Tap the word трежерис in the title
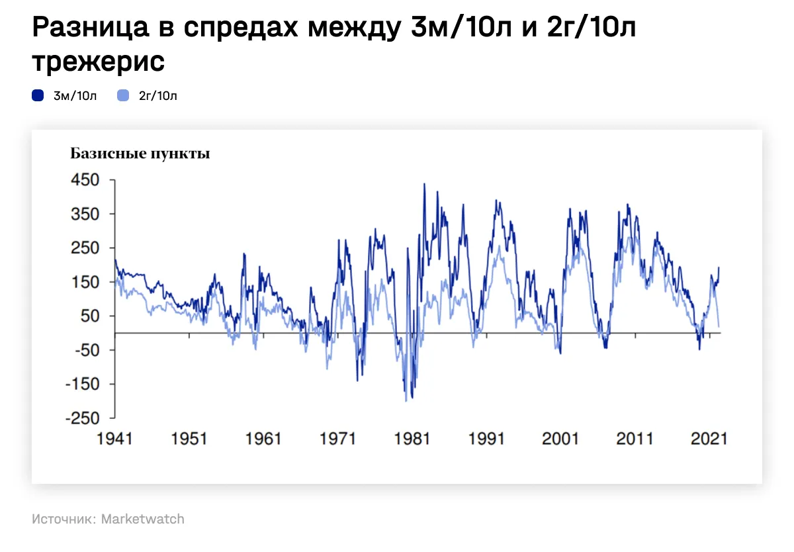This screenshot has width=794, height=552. point(98,62)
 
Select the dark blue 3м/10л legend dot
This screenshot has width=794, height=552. point(38,96)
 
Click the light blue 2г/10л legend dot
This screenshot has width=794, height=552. point(122,96)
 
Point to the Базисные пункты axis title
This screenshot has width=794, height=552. point(140,154)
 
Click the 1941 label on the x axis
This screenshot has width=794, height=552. point(114,439)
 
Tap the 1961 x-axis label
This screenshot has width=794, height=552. point(263,439)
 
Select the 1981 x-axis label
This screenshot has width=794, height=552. point(412,439)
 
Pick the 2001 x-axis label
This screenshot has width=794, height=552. point(560,439)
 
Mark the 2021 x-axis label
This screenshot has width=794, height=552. point(709,439)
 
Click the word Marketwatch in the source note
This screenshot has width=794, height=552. point(142,519)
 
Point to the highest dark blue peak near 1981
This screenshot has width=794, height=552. point(424,184)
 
